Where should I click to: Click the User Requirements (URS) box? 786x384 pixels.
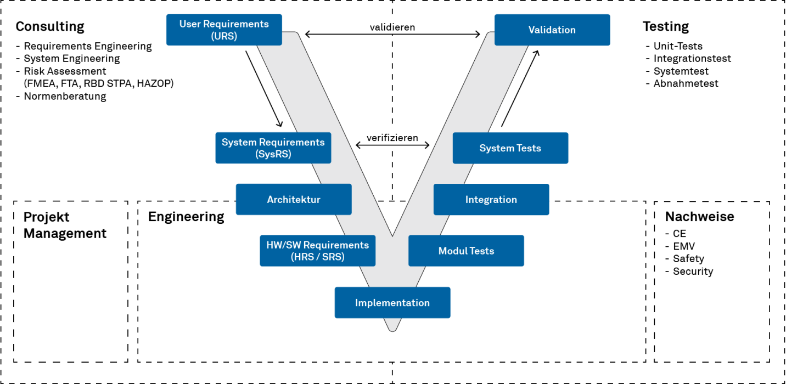(224, 30)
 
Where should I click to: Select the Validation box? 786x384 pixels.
(552, 30)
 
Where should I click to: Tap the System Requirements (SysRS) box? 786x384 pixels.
(273, 148)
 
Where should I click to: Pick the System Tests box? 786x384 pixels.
(510, 148)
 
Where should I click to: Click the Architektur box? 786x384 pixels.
(293, 199)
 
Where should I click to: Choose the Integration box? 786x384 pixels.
(491, 199)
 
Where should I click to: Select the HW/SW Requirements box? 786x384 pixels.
(317, 251)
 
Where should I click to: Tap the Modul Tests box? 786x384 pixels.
(466, 251)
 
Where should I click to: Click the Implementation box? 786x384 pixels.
(392, 303)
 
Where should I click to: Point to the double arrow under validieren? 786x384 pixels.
(392, 35)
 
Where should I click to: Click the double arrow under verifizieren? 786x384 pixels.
(392, 145)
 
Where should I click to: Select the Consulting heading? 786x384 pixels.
(50, 26)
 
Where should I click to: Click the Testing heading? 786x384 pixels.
(665, 26)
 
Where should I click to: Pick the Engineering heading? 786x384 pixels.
(186, 217)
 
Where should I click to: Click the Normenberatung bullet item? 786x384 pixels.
(65, 97)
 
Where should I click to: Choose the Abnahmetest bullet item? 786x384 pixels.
(686, 83)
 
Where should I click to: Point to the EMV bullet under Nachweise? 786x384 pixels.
(683, 246)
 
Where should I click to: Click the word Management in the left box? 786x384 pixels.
(65, 234)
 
